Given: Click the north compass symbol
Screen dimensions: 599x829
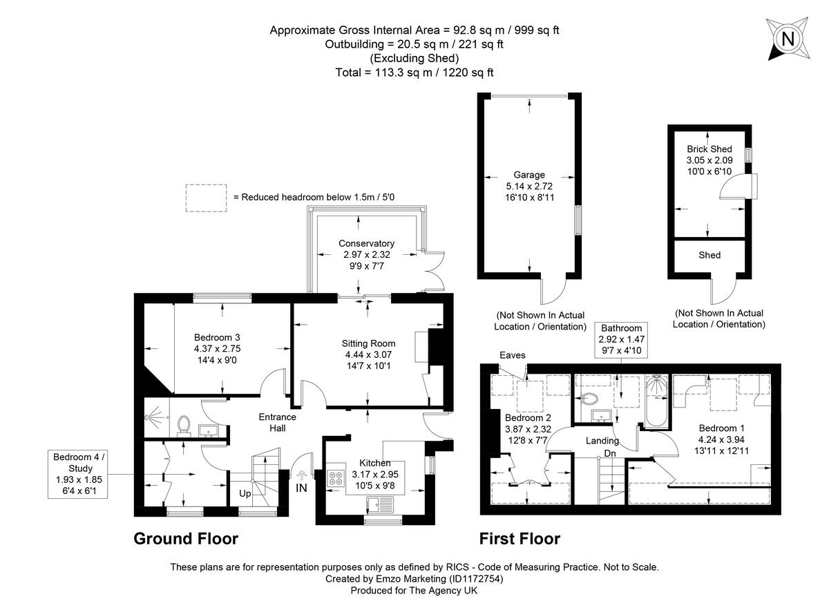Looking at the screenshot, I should tap(787, 39).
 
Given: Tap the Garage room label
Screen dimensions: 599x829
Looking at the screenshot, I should tap(529, 186).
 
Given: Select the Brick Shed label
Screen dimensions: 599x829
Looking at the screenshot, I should tap(709, 160).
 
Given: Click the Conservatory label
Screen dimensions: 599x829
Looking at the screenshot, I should tap(366, 254).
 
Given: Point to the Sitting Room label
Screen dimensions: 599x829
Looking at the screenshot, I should tap(368, 354).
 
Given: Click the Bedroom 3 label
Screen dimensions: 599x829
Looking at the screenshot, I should tap(217, 349).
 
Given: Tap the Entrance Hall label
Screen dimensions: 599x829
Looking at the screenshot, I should tap(277, 422).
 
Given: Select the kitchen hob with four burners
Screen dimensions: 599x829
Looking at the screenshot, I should tap(336, 477).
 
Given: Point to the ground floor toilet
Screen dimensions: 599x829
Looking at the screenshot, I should tap(184, 425).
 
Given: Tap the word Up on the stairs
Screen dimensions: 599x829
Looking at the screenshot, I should tap(245, 495).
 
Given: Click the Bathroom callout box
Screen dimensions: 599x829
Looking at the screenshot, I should tap(621, 339).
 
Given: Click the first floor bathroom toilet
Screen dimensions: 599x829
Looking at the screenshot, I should tap(589, 399).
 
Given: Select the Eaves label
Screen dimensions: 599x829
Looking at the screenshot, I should tap(513, 355).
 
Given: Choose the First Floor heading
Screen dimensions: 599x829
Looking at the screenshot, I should tap(520, 539).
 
